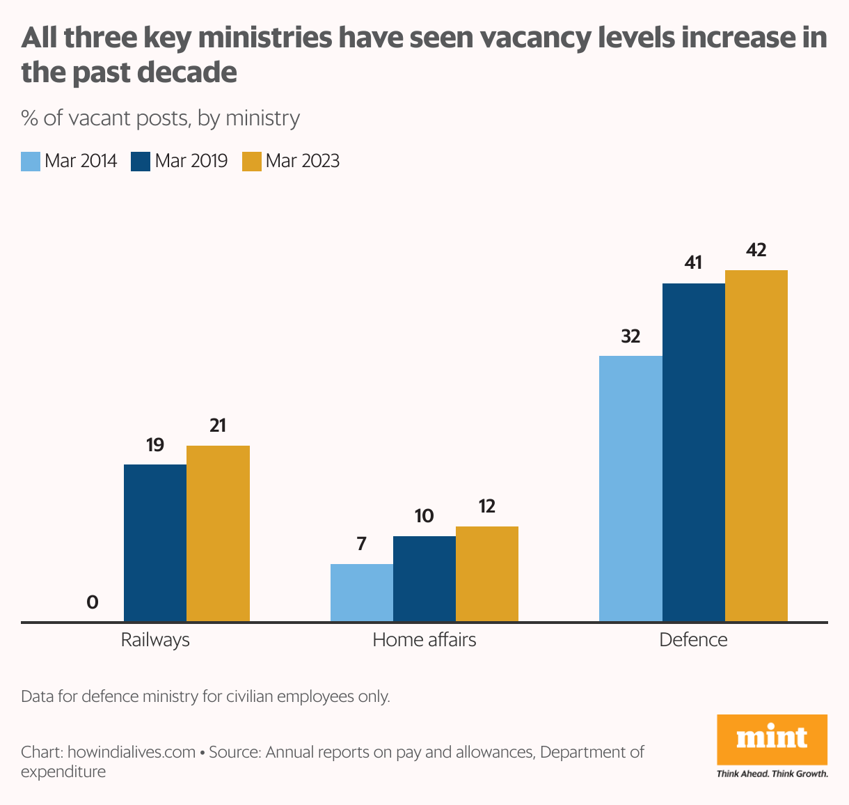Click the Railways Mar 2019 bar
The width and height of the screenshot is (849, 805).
tap(155, 542)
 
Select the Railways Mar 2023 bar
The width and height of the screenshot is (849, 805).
tap(218, 533)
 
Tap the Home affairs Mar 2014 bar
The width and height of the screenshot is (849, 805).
tap(361, 593)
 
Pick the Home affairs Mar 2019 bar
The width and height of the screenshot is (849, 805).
tap(424, 579)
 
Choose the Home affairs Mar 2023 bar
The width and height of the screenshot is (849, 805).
tap(487, 574)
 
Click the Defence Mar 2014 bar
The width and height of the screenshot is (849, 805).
tap(630, 489)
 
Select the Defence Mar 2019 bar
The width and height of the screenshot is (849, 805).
tap(693, 453)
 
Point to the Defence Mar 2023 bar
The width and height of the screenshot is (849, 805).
tap(756, 446)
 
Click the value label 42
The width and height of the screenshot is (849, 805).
tap(756, 250)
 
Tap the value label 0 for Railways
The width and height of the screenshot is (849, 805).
tap(92, 602)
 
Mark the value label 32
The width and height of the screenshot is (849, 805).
tap(630, 336)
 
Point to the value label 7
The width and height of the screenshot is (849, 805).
tap(361, 544)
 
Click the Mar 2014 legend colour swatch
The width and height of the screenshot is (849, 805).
tap(31, 162)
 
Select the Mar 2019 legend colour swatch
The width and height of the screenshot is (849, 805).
tap(141, 162)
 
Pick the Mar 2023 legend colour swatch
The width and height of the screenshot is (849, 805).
tap(251, 162)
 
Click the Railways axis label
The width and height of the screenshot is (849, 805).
tap(155, 640)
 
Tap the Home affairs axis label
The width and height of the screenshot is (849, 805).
tap(424, 640)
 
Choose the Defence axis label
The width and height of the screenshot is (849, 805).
tap(693, 640)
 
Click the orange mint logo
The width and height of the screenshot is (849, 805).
tap(772, 739)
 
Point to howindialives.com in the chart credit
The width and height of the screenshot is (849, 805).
tap(132, 752)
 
